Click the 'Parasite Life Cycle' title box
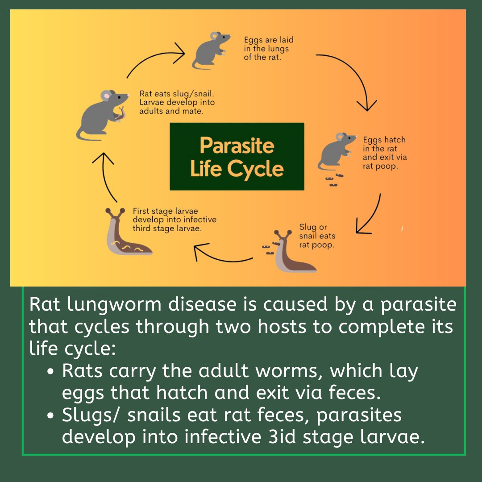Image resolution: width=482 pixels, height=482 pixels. [x=237, y=157]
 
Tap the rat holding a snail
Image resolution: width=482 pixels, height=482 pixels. [x=102, y=115]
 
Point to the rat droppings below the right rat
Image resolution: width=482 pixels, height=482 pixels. [x=334, y=180]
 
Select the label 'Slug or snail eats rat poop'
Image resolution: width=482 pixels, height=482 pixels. [x=317, y=236]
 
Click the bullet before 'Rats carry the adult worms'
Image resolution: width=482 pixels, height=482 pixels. [x=51, y=371]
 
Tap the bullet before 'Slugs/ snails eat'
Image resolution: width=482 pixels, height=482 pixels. [x=51, y=416]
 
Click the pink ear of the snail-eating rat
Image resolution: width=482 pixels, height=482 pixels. [x=106, y=96]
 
